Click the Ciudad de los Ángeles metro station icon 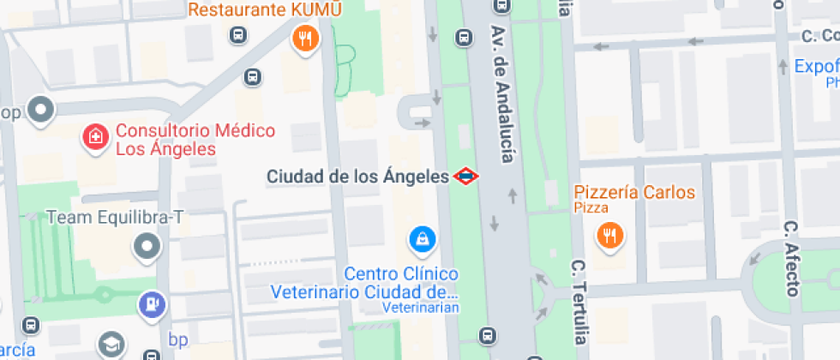[x=465, y=177]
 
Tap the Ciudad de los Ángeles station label [x=357, y=177]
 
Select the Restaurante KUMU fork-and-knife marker [x=305, y=38]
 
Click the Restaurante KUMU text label [x=265, y=10]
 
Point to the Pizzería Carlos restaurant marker [x=609, y=235]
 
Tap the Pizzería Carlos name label [x=633, y=192]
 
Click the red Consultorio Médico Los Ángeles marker [x=94, y=137]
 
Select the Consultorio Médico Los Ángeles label [x=195, y=140]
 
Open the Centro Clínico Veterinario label [x=365, y=283]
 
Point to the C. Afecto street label [x=791, y=258]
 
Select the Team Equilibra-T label [x=116, y=218]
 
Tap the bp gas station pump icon [x=151, y=303]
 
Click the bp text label [x=178, y=340]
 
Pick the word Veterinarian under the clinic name [x=421, y=308]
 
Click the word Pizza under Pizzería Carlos [x=591, y=208]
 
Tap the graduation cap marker [x=111, y=345]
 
